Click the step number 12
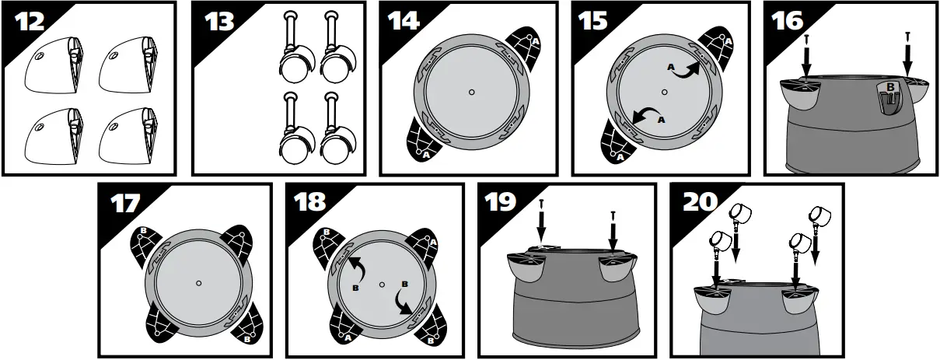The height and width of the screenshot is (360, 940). (30, 21)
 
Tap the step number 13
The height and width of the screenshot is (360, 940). (219, 21)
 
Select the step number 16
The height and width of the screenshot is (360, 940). (788, 20)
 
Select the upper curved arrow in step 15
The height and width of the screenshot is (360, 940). (687, 71)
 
